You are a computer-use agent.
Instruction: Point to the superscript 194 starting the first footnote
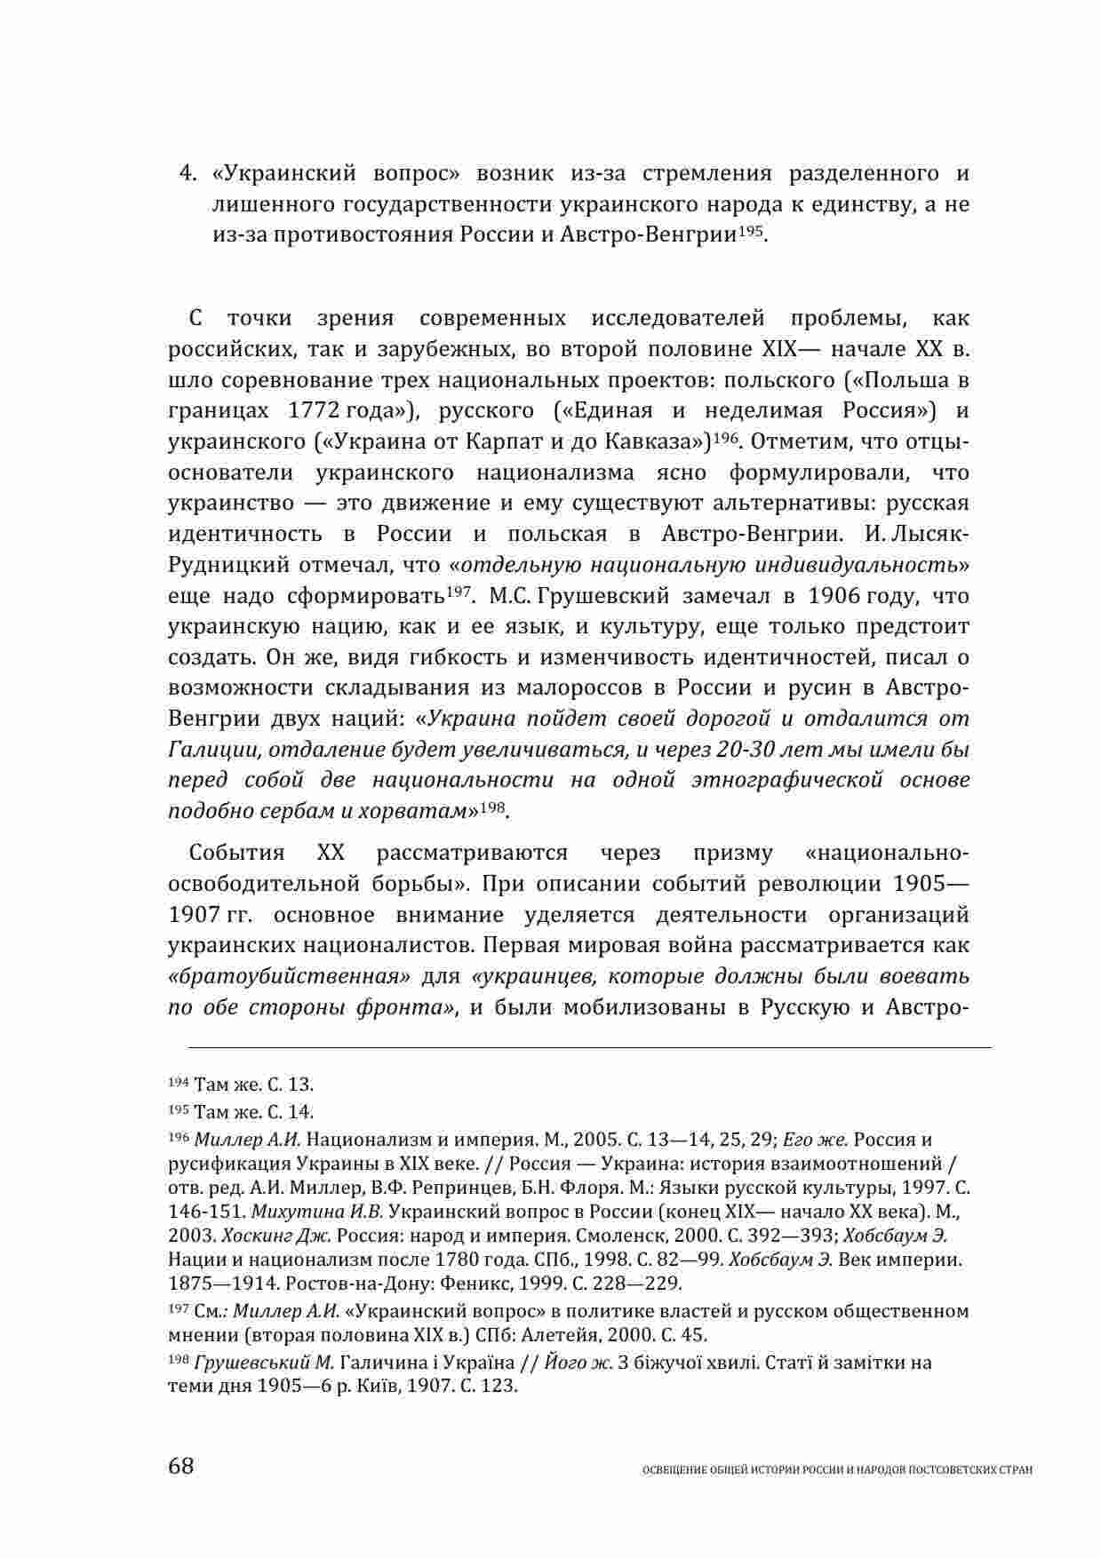pos(177,1085)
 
